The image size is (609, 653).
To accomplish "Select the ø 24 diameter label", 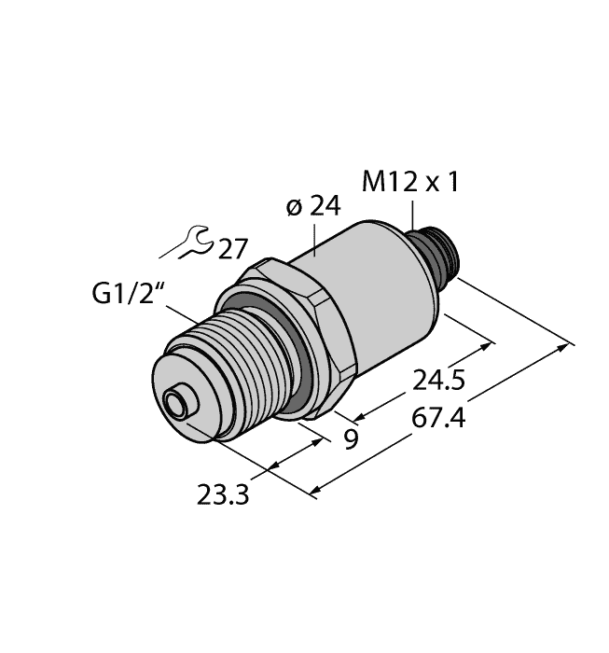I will [311, 207].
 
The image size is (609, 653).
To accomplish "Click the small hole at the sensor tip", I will [173, 405].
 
